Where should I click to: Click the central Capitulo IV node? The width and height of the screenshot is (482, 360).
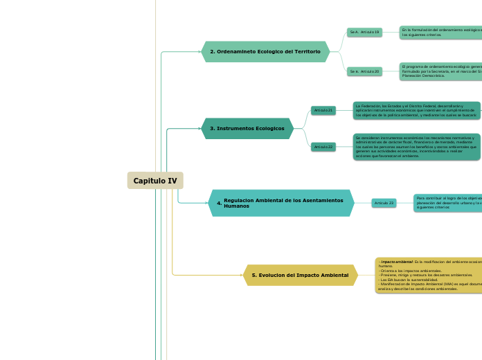155,181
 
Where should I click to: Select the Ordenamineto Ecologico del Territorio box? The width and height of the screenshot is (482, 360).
265,52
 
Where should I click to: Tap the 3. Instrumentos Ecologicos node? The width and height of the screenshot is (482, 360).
247,129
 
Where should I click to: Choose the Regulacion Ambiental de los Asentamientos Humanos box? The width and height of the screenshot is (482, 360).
280,203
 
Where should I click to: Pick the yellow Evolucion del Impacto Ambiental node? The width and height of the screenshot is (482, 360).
300,275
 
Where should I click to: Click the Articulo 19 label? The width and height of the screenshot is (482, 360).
364,32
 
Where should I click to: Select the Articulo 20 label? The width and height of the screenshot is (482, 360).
364,71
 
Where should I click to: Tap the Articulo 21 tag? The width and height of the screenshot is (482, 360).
323,110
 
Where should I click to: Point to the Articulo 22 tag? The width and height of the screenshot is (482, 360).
323,147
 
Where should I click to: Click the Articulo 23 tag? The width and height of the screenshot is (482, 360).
384,203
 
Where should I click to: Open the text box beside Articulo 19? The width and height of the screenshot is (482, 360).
440,32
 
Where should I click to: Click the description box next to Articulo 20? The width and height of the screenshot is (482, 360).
440,71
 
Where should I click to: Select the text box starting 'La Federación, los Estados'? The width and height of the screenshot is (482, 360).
416,110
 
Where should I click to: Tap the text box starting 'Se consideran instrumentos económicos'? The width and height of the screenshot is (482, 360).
416,147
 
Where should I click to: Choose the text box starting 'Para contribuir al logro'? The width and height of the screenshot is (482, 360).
447,203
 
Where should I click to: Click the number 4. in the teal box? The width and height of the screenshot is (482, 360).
219,204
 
